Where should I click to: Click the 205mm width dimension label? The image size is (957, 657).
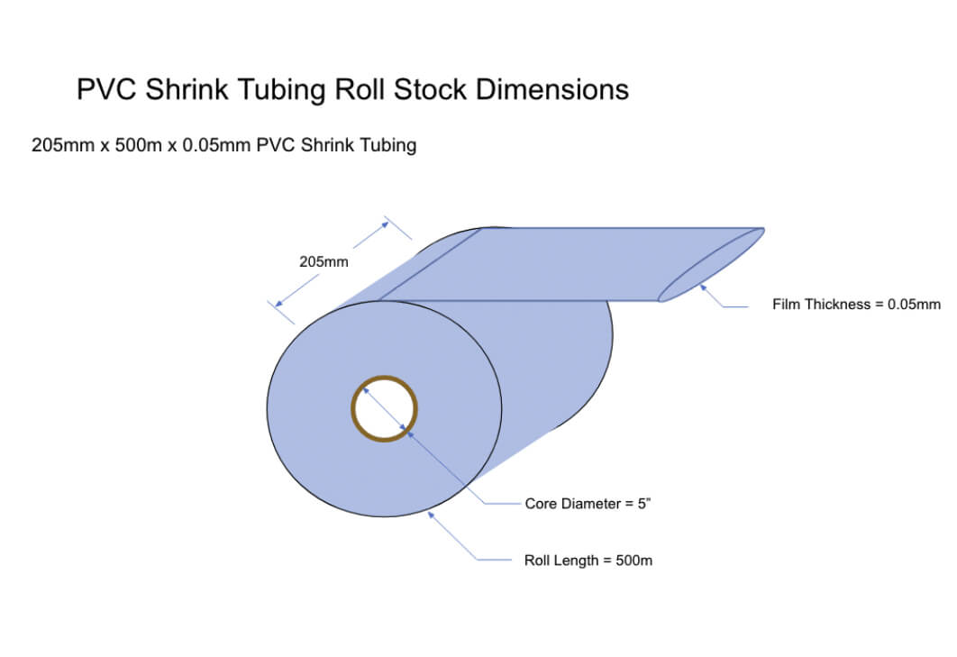pyautogui.click(x=324, y=262)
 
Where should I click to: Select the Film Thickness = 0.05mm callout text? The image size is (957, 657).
pyautogui.click(x=856, y=305)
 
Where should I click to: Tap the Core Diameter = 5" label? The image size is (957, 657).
pyautogui.click(x=588, y=504)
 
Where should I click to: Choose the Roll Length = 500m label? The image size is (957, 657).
pyautogui.click(x=588, y=561)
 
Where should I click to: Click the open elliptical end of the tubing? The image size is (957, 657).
pyautogui.click(x=711, y=265)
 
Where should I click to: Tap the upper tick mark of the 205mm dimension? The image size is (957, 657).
pyautogui.click(x=398, y=228)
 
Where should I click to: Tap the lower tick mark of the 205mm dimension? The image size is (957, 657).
pyautogui.click(x=281, y=312)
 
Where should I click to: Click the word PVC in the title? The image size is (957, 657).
pyautogui.click(x=103, y=90)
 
